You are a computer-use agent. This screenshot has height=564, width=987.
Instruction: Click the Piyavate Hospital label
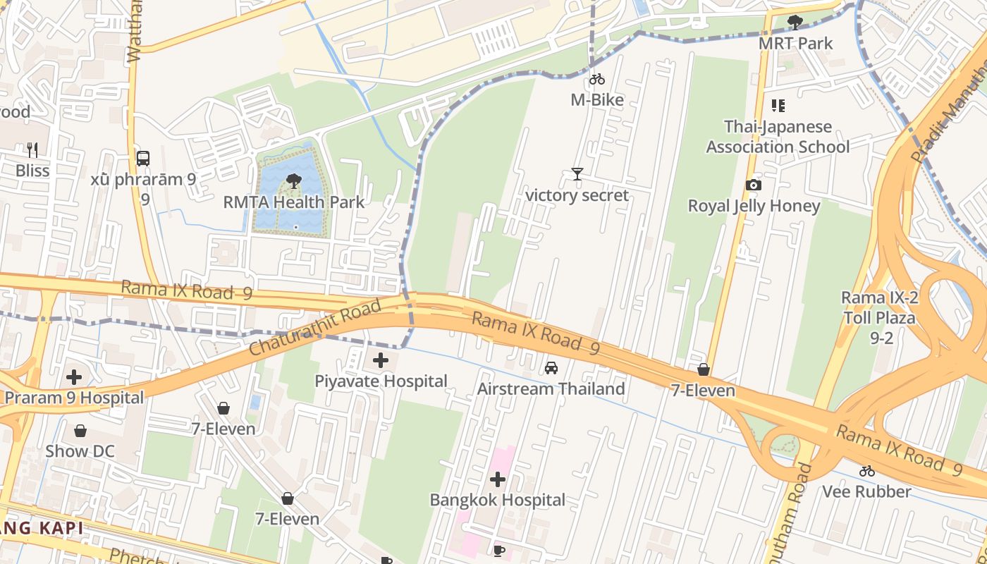(x=381, y=381)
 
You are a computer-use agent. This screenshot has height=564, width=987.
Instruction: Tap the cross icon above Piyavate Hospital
(x=381, y=361)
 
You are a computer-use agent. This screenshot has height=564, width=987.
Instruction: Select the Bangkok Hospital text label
(x=498, y=500)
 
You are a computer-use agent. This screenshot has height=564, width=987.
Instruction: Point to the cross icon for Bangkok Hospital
(x=498, y=480)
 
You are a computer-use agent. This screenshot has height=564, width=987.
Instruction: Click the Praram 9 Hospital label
(x=74, y=398)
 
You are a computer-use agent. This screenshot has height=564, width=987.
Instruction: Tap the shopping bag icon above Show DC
(x=80, y=431)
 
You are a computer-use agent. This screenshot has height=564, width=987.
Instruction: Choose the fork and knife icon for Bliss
(x=32, y=149)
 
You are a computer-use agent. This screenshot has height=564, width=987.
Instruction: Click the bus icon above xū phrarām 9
(x=143, y=158)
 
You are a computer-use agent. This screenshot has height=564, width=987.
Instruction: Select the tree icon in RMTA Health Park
(x=294, y=181)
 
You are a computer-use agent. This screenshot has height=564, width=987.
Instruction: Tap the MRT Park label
(x=795, y=43)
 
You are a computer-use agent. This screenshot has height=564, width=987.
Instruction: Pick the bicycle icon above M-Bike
(x=597, y=79)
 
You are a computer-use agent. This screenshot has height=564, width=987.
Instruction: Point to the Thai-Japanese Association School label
(x=778, y=137)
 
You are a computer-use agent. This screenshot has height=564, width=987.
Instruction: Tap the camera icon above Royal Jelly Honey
(x=754, y=185)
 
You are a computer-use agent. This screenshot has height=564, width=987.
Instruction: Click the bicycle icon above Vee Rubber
(x=867, y=471)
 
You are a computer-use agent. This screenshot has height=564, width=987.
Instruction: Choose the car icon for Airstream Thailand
(x=551, y=368)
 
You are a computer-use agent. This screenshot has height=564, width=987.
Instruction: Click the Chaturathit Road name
(x=315, y=328)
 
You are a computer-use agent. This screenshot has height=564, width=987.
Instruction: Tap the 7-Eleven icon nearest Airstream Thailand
(x=703, y=370)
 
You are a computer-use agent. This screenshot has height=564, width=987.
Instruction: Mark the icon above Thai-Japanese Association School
(x=778, y=106)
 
